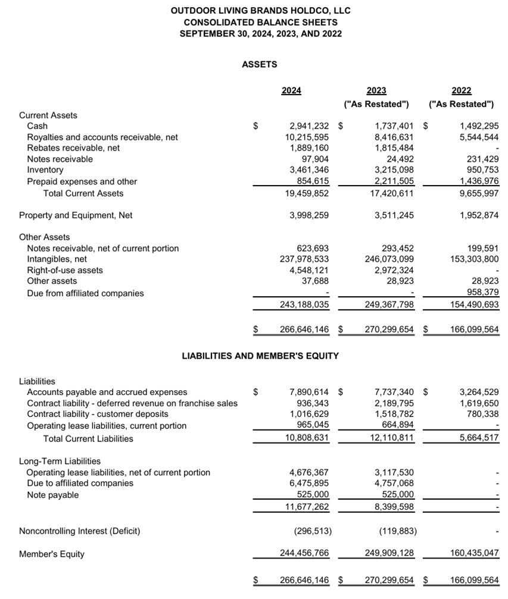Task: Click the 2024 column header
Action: (291, 90)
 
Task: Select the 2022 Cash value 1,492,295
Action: (479, 126)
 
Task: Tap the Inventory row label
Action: (45, 170)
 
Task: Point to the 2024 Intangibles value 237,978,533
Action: (304, 259)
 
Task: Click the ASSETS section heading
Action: (260, 64)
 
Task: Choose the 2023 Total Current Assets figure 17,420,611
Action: (389, 193)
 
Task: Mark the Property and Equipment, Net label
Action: (76, 215)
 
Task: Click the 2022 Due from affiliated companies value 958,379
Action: (482, 293)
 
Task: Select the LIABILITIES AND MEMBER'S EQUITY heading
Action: (260, 356)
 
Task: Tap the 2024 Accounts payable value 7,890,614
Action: (309, 392)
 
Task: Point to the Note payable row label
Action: (52, 495)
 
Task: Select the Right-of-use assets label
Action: (65, 270)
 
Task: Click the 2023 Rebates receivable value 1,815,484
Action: (394, 148)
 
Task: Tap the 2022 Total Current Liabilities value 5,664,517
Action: (479, 439)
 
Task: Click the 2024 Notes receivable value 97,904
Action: (316, 159)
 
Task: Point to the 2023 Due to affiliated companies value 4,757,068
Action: (394, 483)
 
